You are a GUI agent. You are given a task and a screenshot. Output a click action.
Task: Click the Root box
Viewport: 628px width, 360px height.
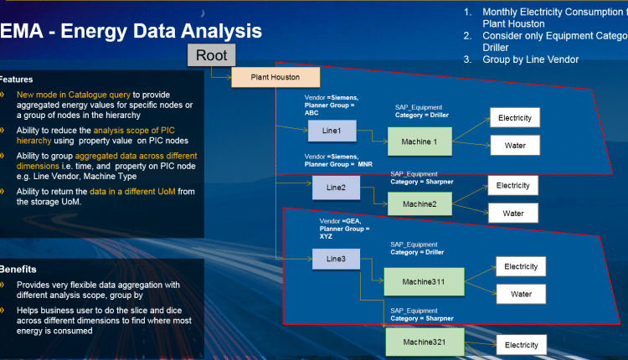[211, 56]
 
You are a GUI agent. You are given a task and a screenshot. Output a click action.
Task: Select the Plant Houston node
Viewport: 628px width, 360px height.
[275, 78]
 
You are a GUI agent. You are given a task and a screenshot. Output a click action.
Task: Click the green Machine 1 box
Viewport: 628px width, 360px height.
[420, 141]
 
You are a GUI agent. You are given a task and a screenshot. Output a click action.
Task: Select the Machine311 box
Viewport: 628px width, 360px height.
[424, 281]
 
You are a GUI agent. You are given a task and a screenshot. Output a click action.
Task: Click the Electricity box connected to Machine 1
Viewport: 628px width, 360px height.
[515, 118]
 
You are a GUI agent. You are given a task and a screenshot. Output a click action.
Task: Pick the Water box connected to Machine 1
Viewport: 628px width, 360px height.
[515, 147]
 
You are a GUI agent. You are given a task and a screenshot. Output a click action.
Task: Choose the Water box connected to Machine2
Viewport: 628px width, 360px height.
[513, 213]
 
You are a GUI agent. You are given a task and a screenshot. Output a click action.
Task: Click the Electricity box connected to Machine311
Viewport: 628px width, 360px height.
[521, 267]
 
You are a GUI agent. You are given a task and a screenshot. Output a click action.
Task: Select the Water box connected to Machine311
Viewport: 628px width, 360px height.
[521, 294]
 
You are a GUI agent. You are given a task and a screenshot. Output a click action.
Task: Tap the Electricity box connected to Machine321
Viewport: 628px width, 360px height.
[521, 344]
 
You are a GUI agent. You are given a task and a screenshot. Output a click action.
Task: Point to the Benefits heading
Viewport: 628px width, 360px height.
[18, 270]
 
